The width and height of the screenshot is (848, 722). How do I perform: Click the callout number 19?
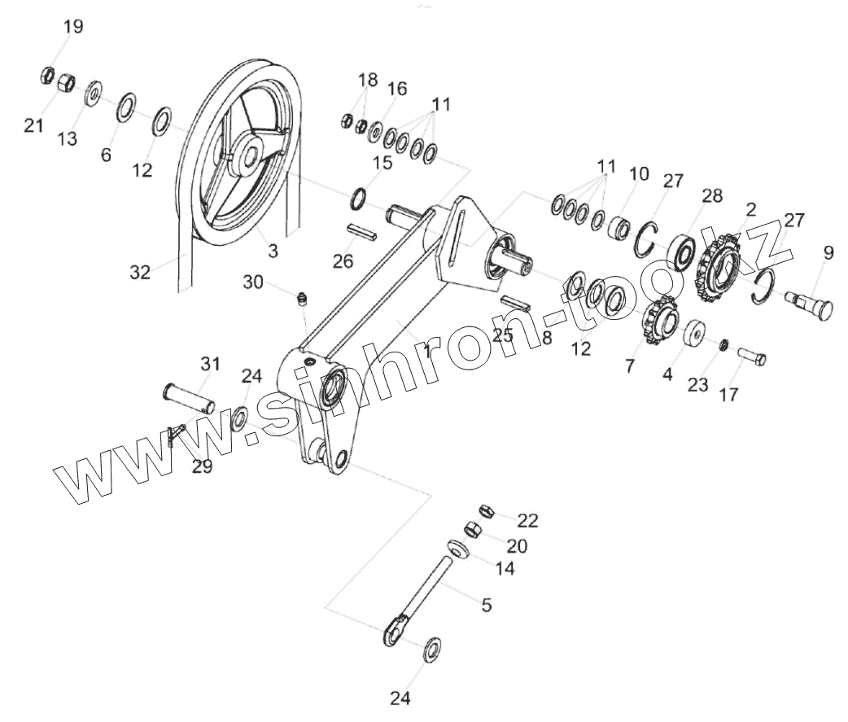pos(72,27)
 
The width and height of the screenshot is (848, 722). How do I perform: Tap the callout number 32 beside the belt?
pos(140,273)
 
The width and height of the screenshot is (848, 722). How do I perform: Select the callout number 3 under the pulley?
pos(273,252)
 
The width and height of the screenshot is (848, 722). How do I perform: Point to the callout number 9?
pos(828,253)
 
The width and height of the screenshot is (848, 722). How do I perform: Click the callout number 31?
pos(211,364)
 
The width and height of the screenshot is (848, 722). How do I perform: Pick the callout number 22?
pos(527,519)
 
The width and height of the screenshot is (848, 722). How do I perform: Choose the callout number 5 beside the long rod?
pos(487,605)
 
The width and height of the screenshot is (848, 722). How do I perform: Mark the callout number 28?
pos(712,196)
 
